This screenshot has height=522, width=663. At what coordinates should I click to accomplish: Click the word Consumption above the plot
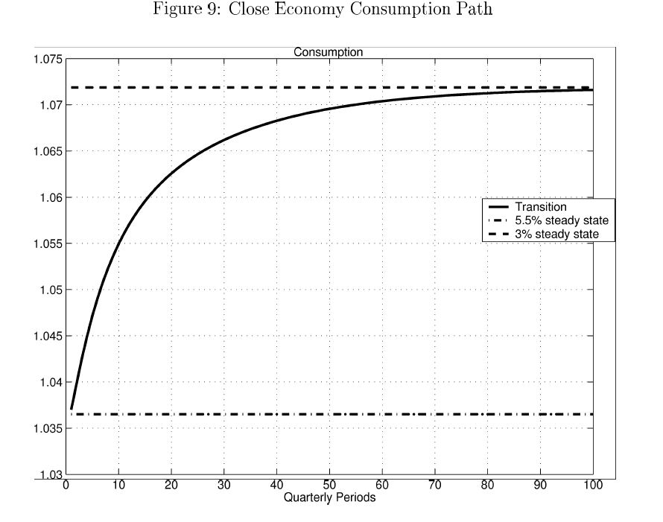coord(328,53)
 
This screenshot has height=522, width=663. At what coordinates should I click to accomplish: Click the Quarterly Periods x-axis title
coord(329,498)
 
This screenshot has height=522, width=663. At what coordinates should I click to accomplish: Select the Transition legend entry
coord(541,207)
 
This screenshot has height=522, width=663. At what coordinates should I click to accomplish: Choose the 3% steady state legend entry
coord(556,235)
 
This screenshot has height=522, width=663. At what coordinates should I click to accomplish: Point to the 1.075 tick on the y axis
coord(47,60)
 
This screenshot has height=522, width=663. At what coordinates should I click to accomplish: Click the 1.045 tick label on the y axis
coord(47,337)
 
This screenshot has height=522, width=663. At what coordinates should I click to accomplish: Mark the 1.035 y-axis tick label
coord(47,429)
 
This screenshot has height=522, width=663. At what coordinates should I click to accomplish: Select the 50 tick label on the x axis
coord(329,486)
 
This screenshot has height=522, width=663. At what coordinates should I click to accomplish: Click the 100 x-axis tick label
coord(593,486)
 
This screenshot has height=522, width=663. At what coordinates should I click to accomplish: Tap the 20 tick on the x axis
coord(171,486)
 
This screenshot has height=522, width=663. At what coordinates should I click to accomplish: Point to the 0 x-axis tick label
coord(66,486)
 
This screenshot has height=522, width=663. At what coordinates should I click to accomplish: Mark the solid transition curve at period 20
coord(171,174)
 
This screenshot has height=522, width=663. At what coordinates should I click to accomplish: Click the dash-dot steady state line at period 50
coord(329,414)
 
